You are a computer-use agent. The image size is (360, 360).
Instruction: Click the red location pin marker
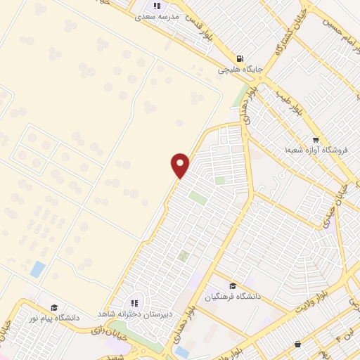coord(181,164)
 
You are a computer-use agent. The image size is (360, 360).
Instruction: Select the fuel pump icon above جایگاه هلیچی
coord(241,59)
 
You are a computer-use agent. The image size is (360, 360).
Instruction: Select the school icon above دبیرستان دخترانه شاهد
coord(134,302)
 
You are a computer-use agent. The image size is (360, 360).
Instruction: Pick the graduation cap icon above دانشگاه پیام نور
coord(54,308)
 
